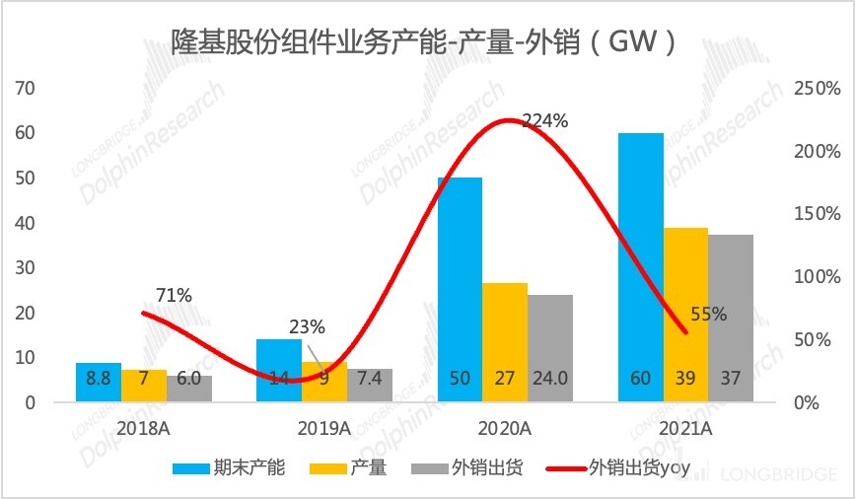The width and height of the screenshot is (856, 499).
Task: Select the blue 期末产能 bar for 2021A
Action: pyautogui.click(x=641, y=266)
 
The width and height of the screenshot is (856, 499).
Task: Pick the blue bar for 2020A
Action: pyautogui.click(x=460, y=286)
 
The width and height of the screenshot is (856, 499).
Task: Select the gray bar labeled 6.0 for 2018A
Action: pyautogui.click(x=189, y=389)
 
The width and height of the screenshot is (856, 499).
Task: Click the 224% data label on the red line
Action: pyautogui.click(x=544, y=121)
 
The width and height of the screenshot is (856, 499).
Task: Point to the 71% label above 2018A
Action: pyautogui.click(x=174, y=295)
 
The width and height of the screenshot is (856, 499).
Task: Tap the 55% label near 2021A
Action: pyautogui.click(x=707, y=315)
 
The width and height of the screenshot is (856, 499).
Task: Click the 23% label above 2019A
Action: pyautogui.click(x=306, y=327)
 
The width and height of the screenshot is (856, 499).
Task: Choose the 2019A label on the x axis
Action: pyautogui.click(x=324, y=429)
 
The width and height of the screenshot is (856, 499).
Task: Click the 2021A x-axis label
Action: pyautogui.click(x=685, y=429)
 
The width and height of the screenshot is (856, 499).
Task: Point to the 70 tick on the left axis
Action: pyautogui.click(x=25, y=88)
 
